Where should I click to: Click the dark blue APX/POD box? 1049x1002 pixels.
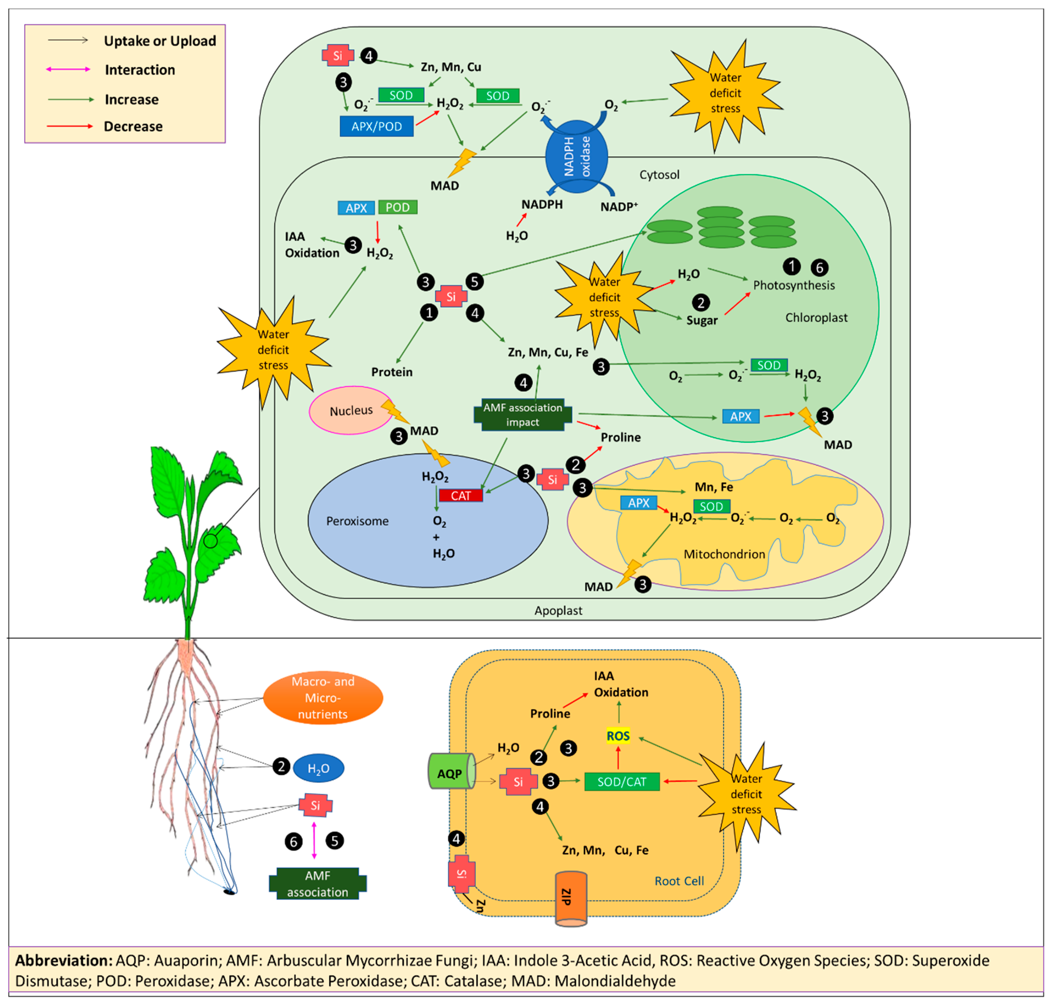tap(376, 126)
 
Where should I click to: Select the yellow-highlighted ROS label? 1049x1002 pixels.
tap(618, 736)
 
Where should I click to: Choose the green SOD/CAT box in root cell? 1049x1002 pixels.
tap(622, 781)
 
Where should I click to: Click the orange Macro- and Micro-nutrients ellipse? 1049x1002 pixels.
tap(322, 698)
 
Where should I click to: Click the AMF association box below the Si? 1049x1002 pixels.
tap(318, 883)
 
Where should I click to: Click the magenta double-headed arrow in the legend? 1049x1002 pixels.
tap(68, 69)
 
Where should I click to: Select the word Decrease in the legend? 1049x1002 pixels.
tap(133, 126)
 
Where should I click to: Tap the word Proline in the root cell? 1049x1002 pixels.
tap(550, 714)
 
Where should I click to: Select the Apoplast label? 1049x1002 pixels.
tap(558, 610)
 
